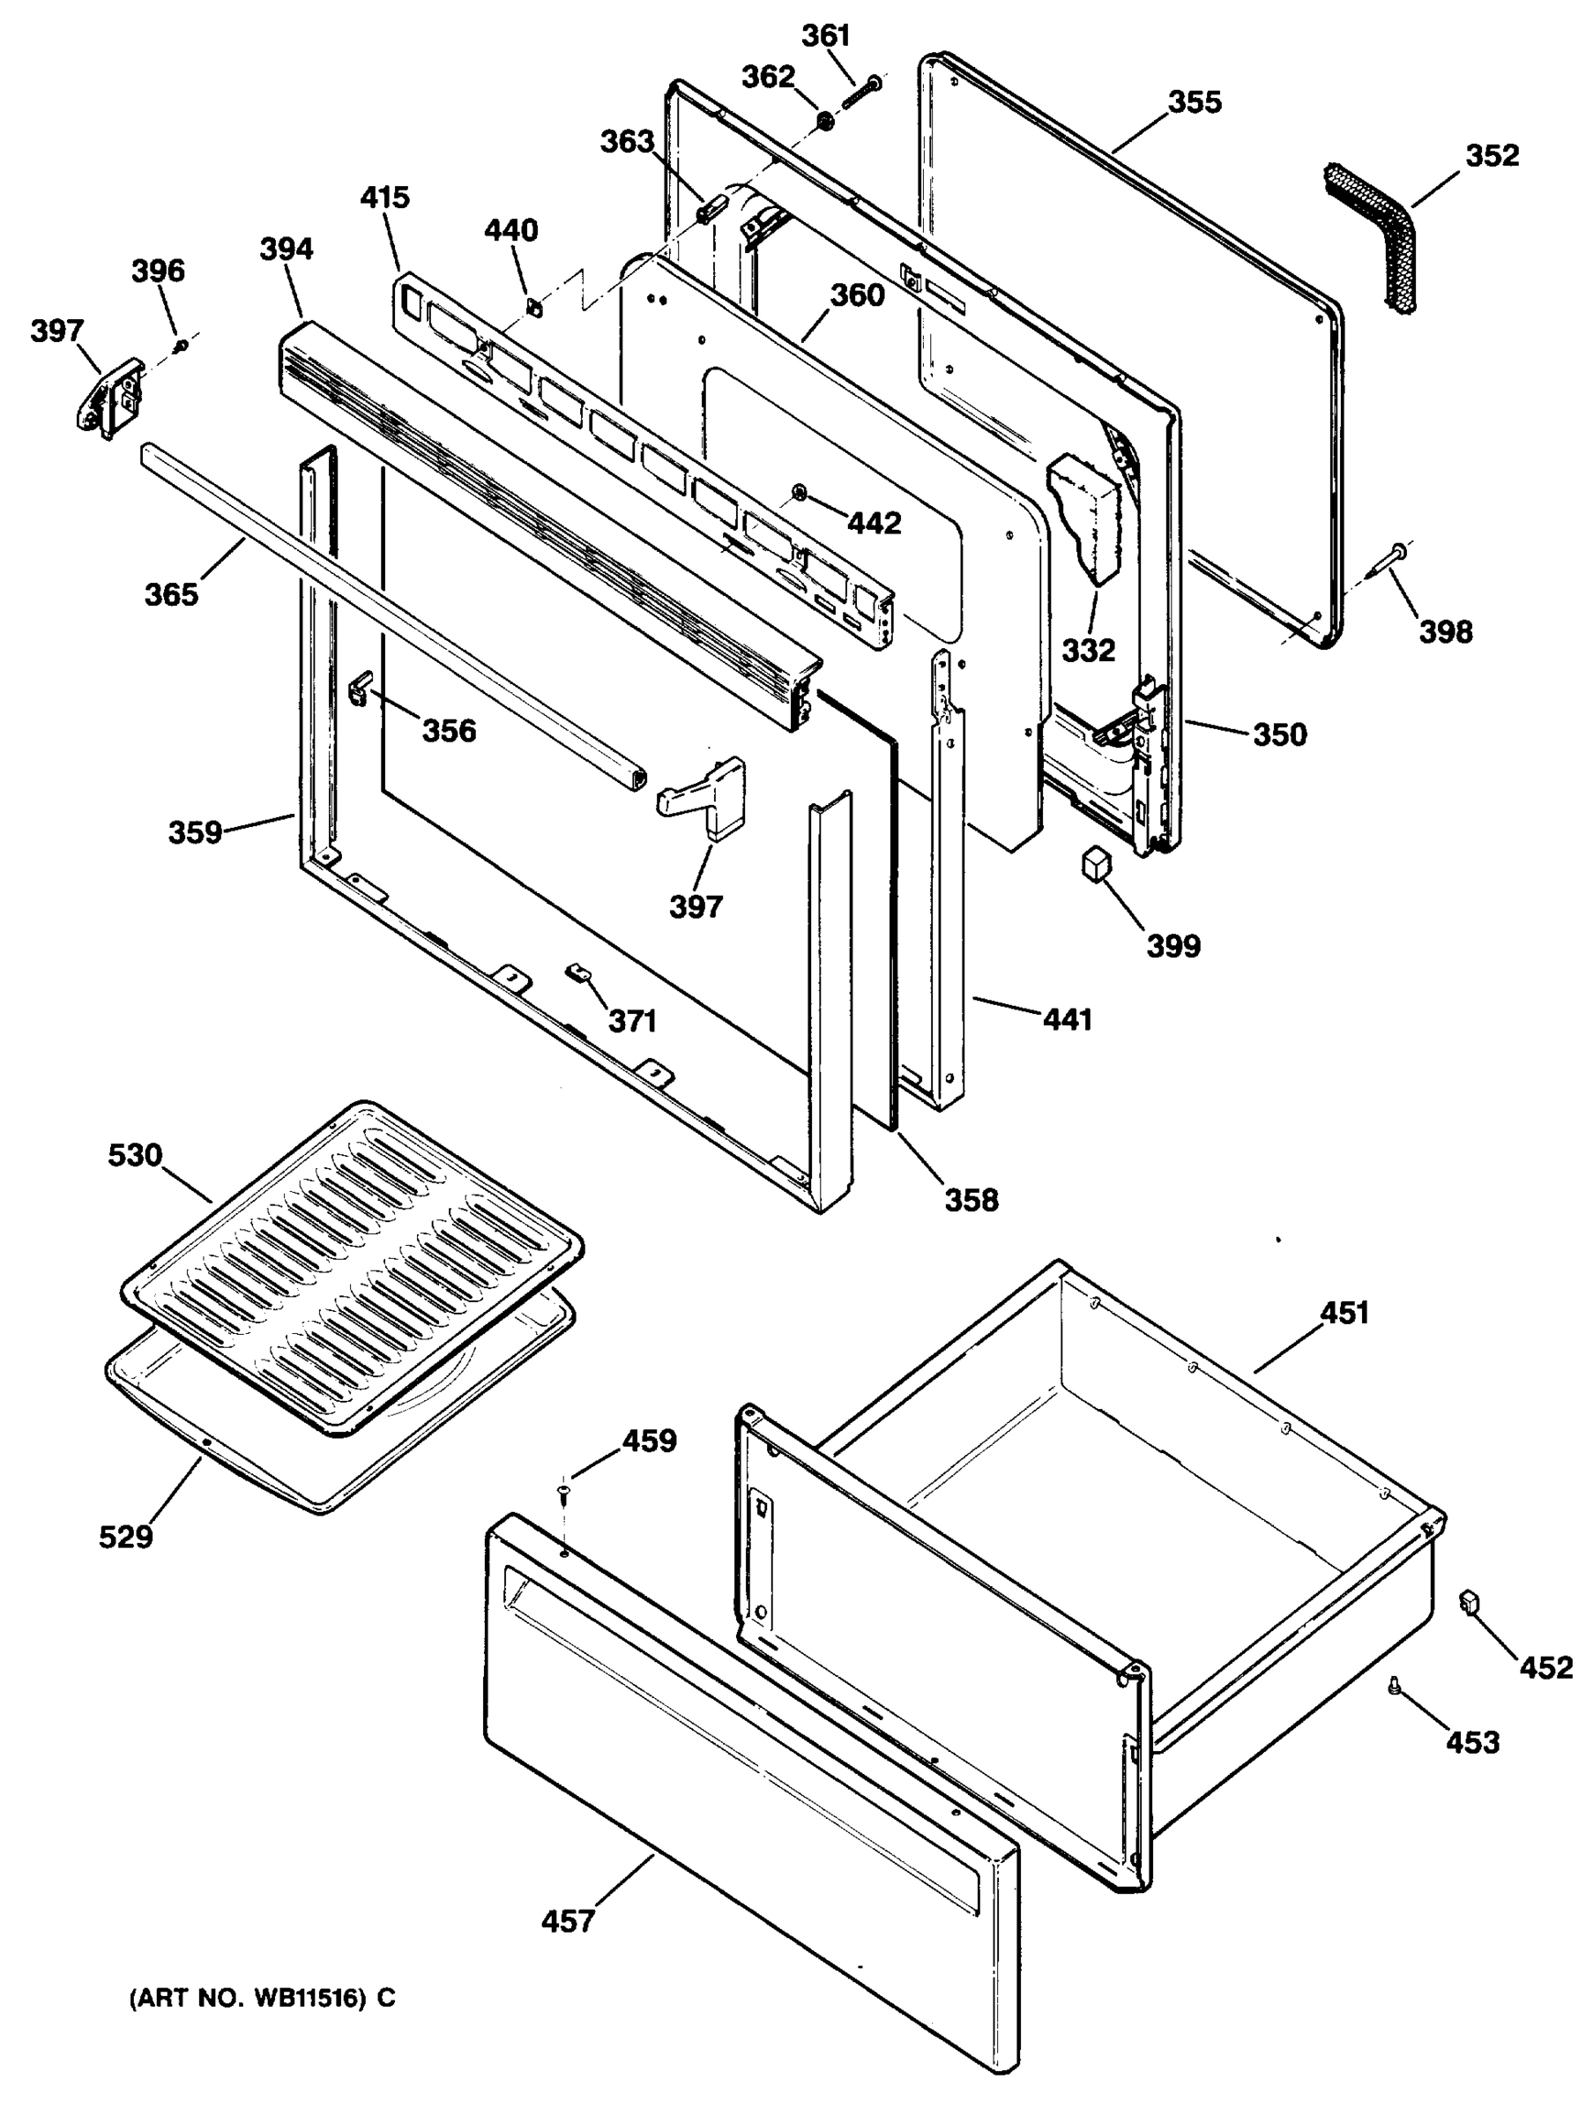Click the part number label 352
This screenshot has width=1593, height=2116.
(x=1492, y=155)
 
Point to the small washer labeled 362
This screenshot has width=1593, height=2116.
(x=823, y=122)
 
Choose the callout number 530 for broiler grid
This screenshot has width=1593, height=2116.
(x=135, y=1155)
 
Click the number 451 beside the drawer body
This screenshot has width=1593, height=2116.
(x=1344, y=1314)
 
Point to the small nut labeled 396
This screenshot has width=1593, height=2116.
(x=181, y=344)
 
